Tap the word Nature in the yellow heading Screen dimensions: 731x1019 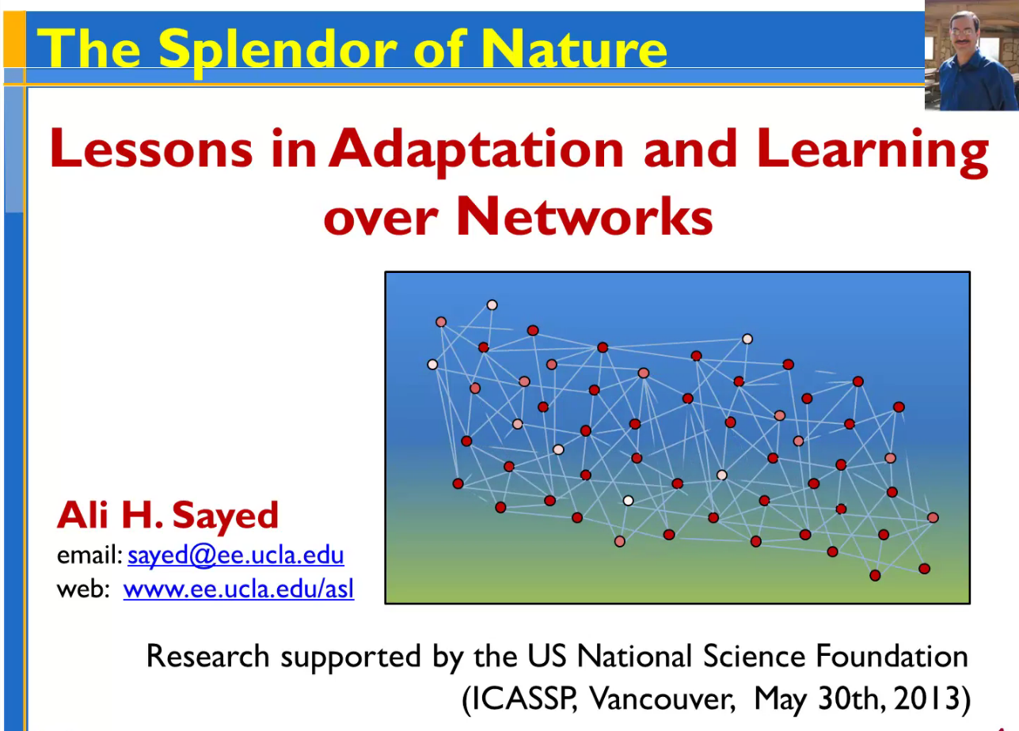coord(575,49)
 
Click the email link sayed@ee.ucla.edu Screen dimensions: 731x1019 coord(235,555)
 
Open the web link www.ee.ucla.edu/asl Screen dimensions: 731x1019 coord(238,589)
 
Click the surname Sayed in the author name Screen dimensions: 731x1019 coord(225,515)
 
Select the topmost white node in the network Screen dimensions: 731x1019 coord(492,305)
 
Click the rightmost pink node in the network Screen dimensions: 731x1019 coord(933,517)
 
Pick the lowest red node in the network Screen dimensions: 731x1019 coord(875,575)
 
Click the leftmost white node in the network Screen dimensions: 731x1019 coord(432,364)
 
